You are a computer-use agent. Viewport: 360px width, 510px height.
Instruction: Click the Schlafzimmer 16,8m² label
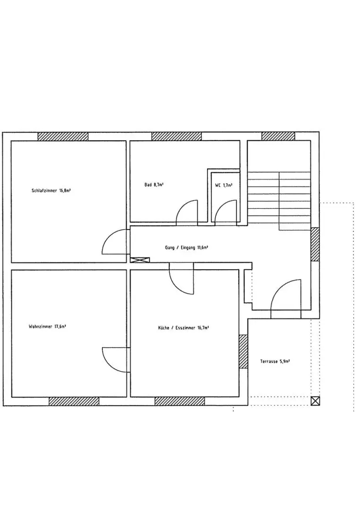51,191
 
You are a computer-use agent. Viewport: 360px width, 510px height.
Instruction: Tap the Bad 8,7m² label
154,185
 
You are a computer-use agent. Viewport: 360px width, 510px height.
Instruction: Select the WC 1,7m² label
224,185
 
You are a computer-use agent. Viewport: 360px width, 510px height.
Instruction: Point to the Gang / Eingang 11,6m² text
186,247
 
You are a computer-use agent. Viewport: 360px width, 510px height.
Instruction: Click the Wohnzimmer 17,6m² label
48,327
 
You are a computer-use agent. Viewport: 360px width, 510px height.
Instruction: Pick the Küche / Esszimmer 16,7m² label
183,328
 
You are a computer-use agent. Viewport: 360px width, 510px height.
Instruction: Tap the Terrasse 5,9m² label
275,361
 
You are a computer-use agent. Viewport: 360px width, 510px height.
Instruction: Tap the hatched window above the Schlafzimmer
63,136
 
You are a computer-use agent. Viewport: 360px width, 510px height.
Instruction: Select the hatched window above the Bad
176,136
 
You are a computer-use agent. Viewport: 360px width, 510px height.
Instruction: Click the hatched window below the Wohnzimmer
74,401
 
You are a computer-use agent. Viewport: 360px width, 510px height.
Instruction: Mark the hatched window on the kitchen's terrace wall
243,351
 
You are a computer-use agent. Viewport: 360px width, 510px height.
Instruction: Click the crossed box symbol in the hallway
140,260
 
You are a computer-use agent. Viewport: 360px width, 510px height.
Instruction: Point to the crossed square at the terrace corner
315,401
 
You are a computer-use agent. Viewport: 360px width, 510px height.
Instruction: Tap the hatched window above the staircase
278,136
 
